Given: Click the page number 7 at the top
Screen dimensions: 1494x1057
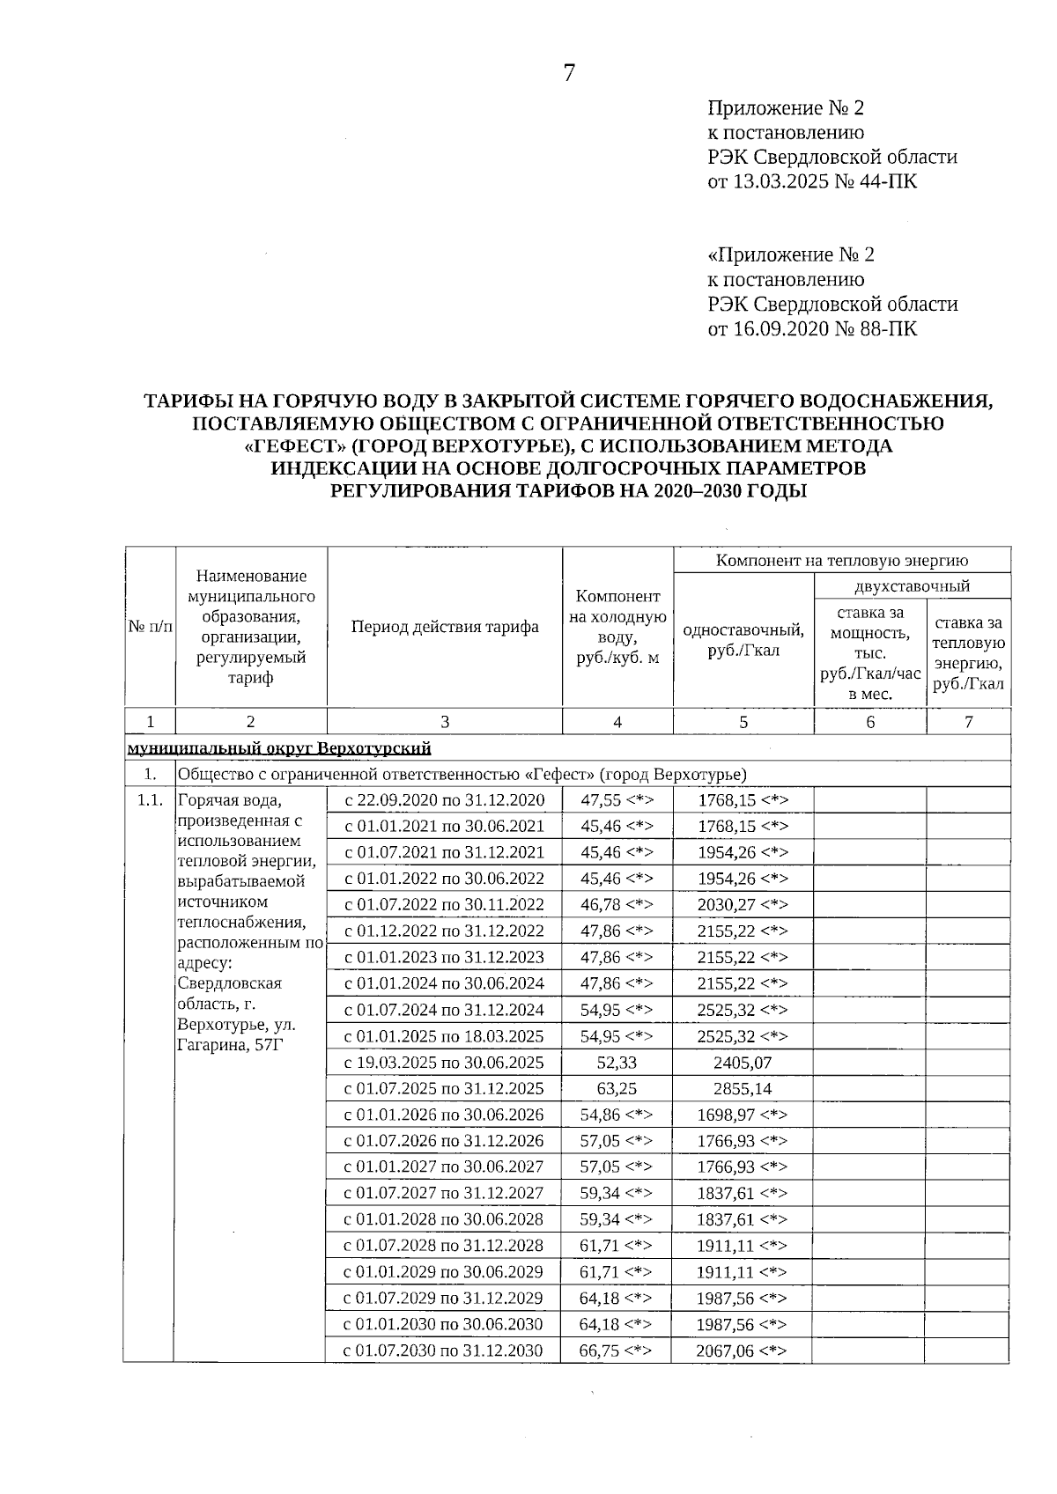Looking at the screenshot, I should pos(569,74).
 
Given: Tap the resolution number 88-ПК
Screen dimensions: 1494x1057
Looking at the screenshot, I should pos(883,329).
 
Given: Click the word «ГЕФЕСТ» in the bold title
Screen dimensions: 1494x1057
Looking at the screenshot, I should pos(293,446).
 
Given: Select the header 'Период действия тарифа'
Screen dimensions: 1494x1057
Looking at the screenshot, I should pos(445,628).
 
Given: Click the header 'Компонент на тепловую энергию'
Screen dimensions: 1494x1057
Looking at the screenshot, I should pos(841,561).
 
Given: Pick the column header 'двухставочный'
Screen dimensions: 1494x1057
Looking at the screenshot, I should pos(912,586).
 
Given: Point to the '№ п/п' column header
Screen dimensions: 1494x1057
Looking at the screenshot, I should pos(150,628).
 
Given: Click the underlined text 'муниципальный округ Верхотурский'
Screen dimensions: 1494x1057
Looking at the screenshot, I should pos(279,749).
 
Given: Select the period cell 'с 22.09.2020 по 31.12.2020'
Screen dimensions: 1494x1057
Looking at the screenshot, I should pos(445,800).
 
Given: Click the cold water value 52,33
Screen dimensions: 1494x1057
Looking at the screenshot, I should pos(617,1063).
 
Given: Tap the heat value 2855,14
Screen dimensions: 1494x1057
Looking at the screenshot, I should pos(743,1089).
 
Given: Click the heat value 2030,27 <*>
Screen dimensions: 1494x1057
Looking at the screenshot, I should pos(743,905).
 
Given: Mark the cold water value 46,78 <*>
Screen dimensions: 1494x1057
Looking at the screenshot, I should pos(617,905).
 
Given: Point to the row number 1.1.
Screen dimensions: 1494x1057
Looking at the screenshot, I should pos(150,800).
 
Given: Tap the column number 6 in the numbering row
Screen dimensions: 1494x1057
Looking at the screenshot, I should pos(870,723).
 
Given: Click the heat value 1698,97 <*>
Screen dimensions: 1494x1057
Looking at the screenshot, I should pos(743,1115).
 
